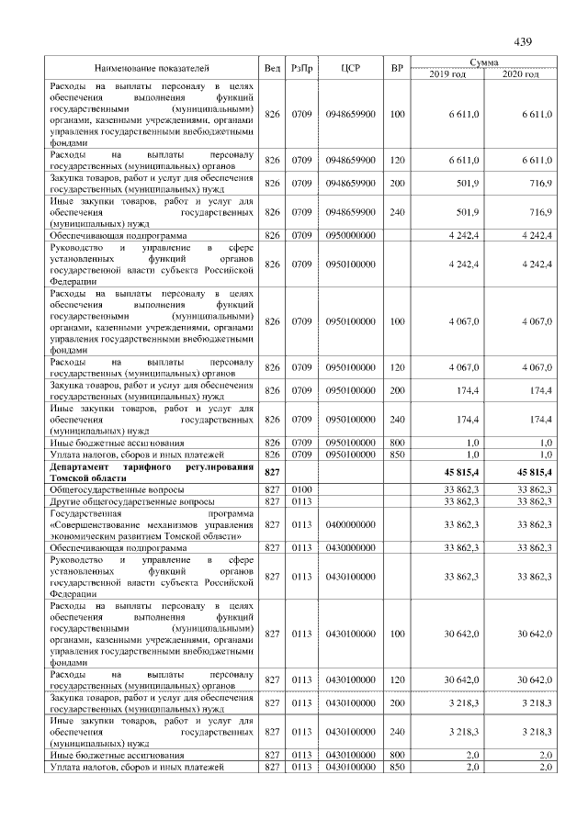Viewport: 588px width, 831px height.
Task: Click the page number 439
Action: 523,42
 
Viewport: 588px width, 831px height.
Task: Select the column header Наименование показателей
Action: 152,68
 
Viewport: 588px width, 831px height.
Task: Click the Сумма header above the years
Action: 483,62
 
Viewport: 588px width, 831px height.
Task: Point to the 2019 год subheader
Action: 447,73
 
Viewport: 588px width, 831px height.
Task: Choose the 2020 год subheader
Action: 519,73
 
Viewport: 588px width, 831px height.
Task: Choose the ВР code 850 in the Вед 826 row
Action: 397,454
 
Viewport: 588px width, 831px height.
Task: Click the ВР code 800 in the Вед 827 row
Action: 397,755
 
